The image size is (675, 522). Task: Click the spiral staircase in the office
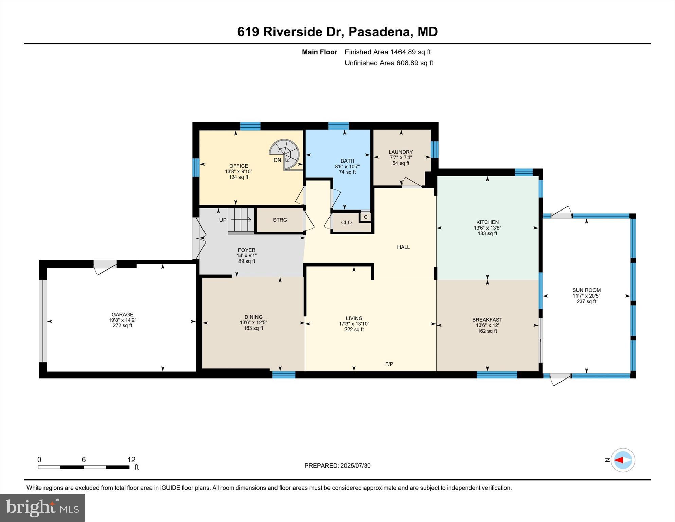click(x=285, y=154)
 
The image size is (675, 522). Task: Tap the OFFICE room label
click(x=238, y=166)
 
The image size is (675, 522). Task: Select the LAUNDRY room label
click(x=401, y=152)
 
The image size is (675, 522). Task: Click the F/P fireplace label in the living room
click(x=389, y=364)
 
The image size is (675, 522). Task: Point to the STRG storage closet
click(x=280, y=220)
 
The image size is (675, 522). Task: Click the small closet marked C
click(x=366, y=217)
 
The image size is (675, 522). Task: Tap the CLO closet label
click(x=346, y=223)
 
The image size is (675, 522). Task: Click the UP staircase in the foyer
click(x=241, y=220)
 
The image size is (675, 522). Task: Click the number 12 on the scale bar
click(x=131, y=460)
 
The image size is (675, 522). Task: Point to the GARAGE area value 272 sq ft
click(x=122, y=325)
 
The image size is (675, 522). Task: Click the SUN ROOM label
click(x=586, y=290)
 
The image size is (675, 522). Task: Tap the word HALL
click(x=403, y=247)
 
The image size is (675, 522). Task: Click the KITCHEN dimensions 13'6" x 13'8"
click(x=487, y=228)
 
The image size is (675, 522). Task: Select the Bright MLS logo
click(x=42, y=508)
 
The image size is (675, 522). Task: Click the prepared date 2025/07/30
click(x=355, y=466)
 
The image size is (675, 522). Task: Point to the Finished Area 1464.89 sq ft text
click(x=388, y=52)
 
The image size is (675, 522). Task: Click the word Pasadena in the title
click(x=380, y=32)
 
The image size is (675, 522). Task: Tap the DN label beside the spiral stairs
click(x=277, y=160)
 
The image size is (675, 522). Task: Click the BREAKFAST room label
click(x=487, y=320)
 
